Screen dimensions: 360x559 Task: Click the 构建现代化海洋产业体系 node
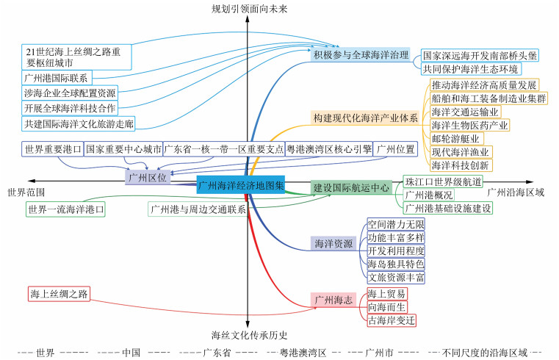[366, 118]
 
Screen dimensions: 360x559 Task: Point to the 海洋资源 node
[333, 243]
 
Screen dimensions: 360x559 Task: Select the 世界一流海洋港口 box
[65, 209]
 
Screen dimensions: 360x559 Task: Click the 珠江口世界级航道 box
[444, 181]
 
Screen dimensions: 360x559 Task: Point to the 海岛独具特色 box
[396, 264]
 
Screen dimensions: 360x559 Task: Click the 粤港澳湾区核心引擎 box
[328, 149]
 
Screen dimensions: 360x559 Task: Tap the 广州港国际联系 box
[56, 78]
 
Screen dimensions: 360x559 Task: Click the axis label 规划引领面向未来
[249, 8]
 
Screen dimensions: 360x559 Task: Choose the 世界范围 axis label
[26, 192]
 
